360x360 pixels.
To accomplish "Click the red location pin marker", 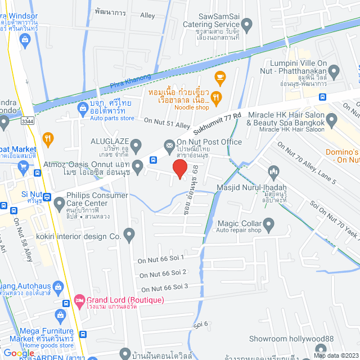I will [x=179, y=169].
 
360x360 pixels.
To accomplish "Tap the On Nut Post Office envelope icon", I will [x=169, y=145].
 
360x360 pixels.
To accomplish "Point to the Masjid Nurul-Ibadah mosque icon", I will [x=273, y=170].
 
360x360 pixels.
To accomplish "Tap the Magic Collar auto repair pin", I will [x=269, y=226].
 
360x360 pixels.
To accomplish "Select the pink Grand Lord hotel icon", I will [x=79, y=300].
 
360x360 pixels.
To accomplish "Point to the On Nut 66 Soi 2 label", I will [x=163, y=273].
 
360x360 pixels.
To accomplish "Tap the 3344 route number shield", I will [x=26, y=120].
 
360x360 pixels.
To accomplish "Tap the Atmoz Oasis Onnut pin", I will [x=138, y=164].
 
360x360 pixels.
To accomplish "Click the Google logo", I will [x=18, y=353].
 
